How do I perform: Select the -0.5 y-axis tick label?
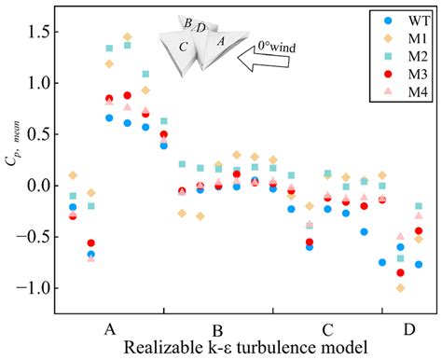(38, 237)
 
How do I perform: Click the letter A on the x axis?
(110, 329)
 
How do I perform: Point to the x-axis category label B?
(217, 330)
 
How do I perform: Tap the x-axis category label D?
(409, 329)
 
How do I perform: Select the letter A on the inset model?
(220, 42)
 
